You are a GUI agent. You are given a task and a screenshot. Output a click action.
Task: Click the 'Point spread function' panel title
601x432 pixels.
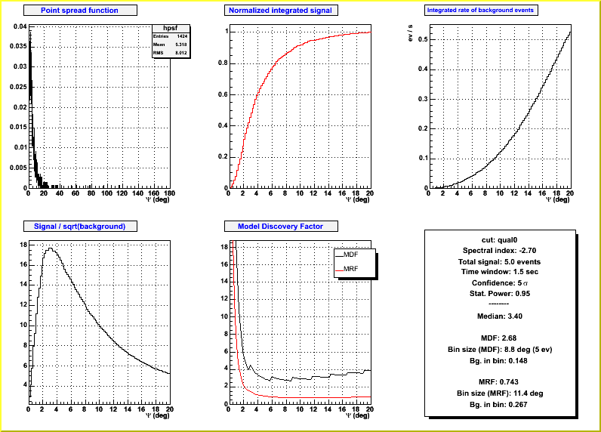(80, 11)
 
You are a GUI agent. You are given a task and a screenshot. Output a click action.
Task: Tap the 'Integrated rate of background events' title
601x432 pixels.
(481, 11)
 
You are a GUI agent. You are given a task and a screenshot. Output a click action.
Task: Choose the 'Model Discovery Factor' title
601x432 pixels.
(280, 226)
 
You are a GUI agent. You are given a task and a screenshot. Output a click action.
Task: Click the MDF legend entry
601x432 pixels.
(350, 255)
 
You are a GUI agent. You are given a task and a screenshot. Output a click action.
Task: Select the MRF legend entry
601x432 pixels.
(350, 269)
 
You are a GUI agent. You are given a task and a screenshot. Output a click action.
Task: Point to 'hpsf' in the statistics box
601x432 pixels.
(170, 27)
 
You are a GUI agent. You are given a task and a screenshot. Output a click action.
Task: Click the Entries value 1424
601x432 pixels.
(181, 36)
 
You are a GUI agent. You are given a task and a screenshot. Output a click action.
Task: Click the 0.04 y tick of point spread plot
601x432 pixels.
(19, 26)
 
